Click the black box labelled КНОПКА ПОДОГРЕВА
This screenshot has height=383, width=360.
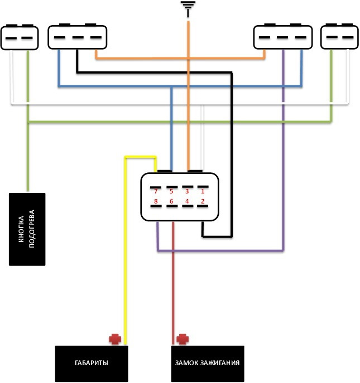[27, 229]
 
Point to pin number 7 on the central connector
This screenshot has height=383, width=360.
[157, 192]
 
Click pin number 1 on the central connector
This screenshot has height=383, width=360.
[202, 192]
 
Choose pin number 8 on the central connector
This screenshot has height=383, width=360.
[157, 201]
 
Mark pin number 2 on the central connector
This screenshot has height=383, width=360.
[202, 201]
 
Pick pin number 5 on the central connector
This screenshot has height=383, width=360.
[172, 192]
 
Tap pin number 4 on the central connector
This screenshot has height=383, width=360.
[187, 201]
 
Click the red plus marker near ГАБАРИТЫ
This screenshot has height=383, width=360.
[115, 338]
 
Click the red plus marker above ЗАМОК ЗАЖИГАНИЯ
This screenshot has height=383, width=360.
[181, 338]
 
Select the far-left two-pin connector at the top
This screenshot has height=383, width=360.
[20, 37]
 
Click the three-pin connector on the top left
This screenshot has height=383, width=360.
[78, 37]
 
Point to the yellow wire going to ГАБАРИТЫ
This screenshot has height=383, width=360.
[126, 251]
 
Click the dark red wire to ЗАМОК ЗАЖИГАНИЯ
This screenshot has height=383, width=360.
[174, 279]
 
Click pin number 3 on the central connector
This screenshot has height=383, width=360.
[187, 192]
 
